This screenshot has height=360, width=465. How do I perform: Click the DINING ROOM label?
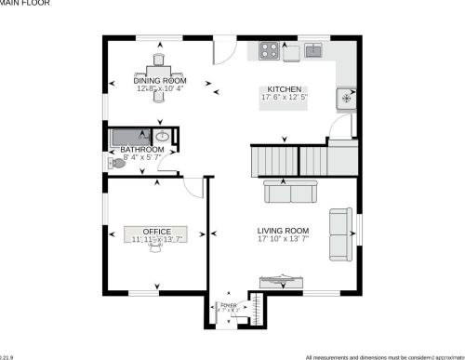[x=158, y=81]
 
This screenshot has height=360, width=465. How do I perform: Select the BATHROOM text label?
[x=141, y=150]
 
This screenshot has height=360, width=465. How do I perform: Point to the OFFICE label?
[x=156, y=230]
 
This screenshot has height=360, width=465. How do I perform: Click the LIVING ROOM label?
[x=284, y=230]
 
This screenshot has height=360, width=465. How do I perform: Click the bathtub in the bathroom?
[x=130, y=137]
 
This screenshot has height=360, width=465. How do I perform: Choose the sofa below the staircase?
[x=290, y=191]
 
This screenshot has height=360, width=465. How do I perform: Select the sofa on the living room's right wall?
[x=341, y=228]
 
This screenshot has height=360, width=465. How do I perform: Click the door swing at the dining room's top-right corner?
[x=223, y=49]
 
